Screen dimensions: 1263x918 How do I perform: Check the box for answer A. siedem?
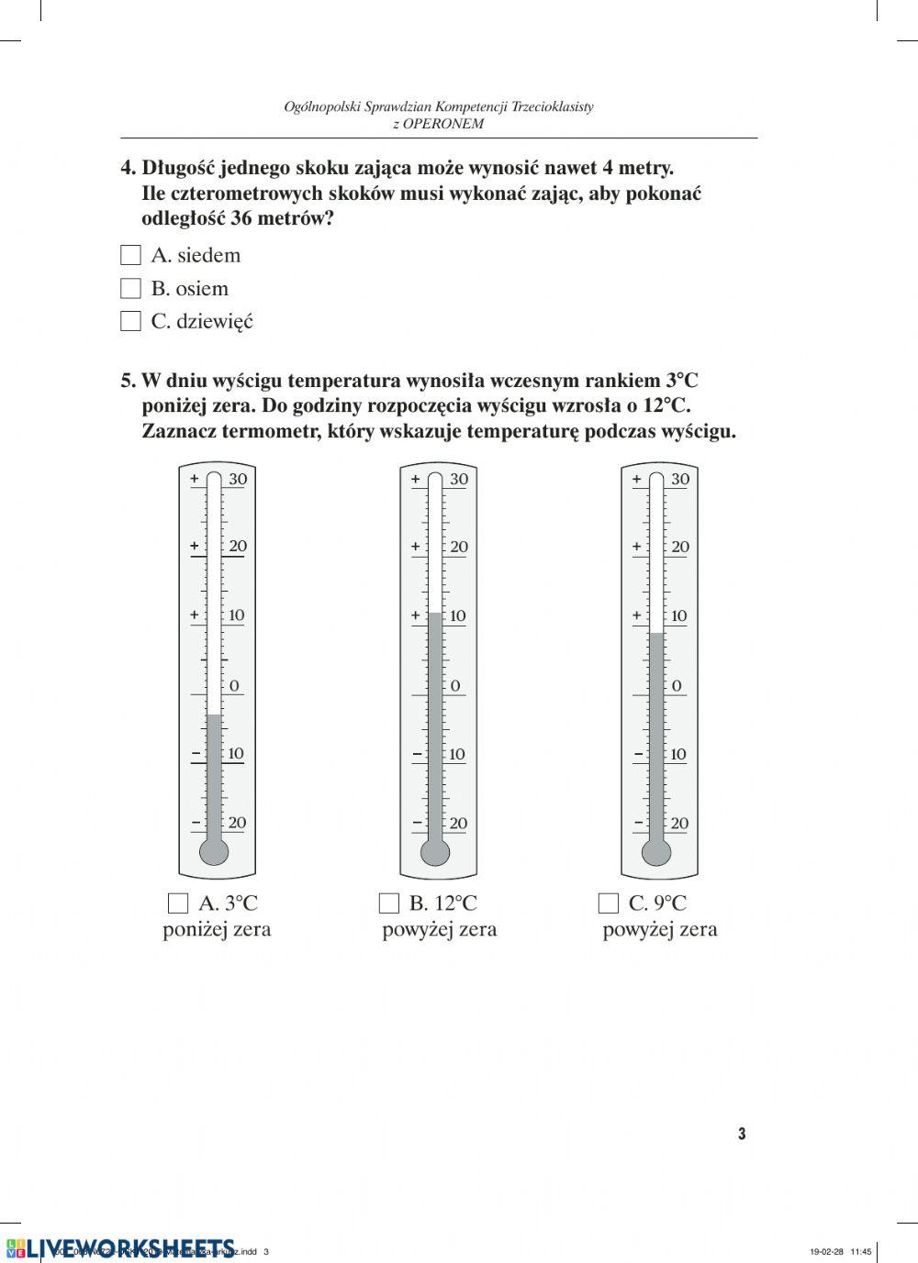click(x=131, y=255)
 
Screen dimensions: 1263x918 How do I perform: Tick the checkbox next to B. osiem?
click(x=131, y=288)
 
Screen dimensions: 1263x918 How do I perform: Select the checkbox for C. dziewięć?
click(x=131, y=321)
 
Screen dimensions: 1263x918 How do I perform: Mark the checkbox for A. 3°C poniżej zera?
click(x=178, y=903)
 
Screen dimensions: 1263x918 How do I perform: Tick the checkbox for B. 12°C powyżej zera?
click(x=389, y=903)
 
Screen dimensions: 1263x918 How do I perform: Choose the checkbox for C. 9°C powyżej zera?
click(x=608, y=903)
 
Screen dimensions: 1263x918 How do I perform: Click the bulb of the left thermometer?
click(x=214, y=851)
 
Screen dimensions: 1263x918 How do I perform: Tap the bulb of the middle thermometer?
click(x=435, y=852)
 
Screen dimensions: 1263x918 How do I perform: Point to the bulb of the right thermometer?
click(x=656, y=852)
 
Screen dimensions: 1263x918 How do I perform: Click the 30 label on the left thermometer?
click(x=238, y=479)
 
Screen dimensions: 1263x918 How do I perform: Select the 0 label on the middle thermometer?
click(x=455, y=685)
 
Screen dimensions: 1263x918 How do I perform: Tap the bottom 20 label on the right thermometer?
click(x=679, y=823)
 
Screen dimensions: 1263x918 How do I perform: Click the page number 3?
click(x=742, y=1134)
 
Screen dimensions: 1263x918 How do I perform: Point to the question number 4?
click(x=129, y=168)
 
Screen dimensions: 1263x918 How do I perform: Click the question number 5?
click(x=129, y=381)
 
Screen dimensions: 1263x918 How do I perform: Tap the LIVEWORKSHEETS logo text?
click(x=129, y=1247)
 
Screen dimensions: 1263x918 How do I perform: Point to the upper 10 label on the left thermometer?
click(x=236, y=615)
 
